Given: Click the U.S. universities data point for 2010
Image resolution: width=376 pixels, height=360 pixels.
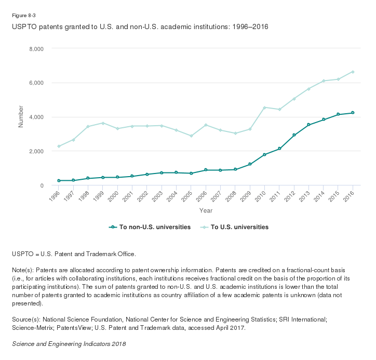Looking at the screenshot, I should [x=264, y=108].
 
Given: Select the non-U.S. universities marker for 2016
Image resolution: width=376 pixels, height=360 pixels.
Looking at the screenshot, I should [x=353, y=113].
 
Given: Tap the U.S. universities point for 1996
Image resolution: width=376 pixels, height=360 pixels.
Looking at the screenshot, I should [x=59, y=146].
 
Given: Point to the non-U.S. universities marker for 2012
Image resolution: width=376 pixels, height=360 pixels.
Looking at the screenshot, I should [x=294, y=135].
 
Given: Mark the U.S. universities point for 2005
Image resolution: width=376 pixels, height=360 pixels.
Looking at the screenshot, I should [x=191, y=136].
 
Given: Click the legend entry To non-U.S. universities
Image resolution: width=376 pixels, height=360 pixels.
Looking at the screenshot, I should [x=150, y=227].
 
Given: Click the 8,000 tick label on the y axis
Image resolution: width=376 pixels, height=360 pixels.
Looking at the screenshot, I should [x=35, y=49].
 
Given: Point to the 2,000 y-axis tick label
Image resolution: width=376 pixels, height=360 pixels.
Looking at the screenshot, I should [x=35, y=151].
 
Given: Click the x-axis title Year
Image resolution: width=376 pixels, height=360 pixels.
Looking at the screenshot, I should [x=206, y=210].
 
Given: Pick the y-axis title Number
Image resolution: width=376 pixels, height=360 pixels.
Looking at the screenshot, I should [x=21, y=117].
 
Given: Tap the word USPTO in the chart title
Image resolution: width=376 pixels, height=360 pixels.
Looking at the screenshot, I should [x=24, y=26].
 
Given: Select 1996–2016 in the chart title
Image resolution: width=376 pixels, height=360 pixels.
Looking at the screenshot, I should [x=251, y=26].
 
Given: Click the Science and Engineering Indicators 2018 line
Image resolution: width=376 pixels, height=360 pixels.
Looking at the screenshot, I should [x=69, y=344].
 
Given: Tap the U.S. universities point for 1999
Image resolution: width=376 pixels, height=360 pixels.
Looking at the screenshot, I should [x=103, y=123].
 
